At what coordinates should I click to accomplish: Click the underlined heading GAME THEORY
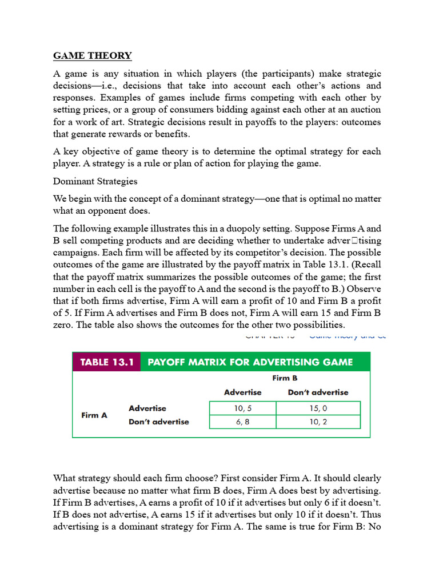(x=92, y=55)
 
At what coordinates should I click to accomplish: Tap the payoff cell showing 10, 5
(x=242, y=408)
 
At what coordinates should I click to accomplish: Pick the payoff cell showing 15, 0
(x=318, y=408)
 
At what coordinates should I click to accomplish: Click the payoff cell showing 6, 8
(x=242, y=422)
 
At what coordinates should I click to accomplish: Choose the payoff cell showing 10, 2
(x=318, y=422)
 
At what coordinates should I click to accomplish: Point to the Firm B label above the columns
(x=284, y=378)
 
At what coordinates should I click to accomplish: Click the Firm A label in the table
(x=94, y=415)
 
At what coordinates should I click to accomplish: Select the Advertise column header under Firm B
(x=242, y=392)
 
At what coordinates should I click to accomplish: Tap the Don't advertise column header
(x=318, y=392)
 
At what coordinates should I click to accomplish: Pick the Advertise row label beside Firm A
(x=147, y=408)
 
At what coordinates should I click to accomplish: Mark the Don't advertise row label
(x=158, y=422)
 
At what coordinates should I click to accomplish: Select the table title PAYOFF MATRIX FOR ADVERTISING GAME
(x=250, y=362)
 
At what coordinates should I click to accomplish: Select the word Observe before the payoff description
(x=362, y=289)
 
